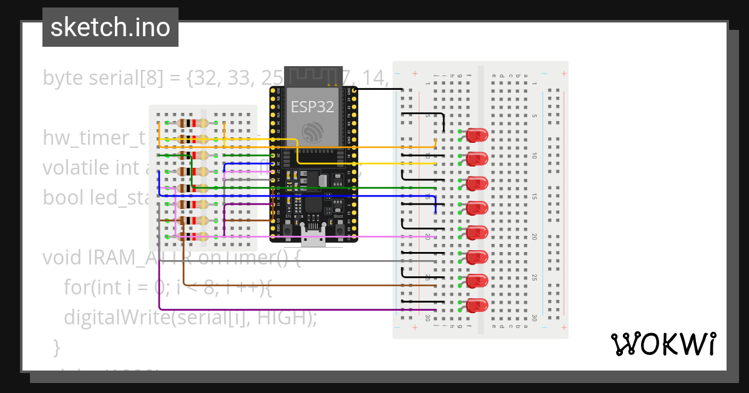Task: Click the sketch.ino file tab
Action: (x=110, y=27)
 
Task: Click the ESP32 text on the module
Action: (x=312, y=107)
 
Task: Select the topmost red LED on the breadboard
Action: (x=477, y=135)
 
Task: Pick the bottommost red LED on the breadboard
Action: (x=477, y=306)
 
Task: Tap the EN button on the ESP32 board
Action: (x=288, y=230)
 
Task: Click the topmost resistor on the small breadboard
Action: (x=192, y=123)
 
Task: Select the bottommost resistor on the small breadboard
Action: (x=192, y=236)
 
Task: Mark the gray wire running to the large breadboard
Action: (x=312, y=261)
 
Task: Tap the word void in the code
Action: (x=60, y=257)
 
